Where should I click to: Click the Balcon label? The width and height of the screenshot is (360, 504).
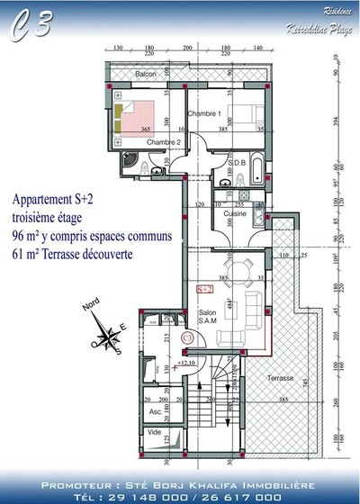pyautogui.click(x=146, y=74)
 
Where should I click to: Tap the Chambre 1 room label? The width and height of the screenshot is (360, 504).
pyautogui.click(x=204, y=114)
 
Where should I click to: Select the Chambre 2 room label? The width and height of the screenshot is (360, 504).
pyautogui.click(x=164, y=142)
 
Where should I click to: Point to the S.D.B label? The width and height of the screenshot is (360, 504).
pyautogui.click(x=238, y=163)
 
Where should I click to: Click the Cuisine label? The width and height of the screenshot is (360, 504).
pyautogui.click(x=236, y=214)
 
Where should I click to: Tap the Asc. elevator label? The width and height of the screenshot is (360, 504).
pyautogui.click(x=156, y=412)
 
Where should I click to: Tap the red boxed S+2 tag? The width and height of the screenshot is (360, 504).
pyautogui.click(x=204, y=289)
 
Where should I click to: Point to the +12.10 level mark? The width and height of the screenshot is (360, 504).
pyautogui.click(x=188, y=363)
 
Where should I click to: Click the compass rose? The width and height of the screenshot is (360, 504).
pyautogui.click(x=107, y=339)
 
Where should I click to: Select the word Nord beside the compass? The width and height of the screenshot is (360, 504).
pyautogui.click(x=91, y=308)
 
